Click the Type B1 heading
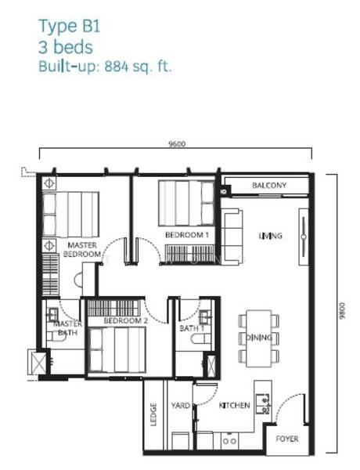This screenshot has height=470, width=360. tap(70, 27)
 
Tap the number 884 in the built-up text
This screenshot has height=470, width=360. tap(116, 67)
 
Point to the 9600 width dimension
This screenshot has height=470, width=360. tap(177, 144)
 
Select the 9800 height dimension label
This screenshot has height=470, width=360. tap(342, 311)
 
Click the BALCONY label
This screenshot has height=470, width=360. tap(269, 185)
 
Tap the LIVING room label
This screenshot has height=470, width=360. tap(271, 236)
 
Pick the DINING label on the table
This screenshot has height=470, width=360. tap(259, 338)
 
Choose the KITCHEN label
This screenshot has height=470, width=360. tap(235, 406)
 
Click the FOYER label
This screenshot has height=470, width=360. tap(287, 439)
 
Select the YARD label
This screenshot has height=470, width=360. tap(181, 406)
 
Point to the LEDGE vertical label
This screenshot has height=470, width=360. tap(153, 415)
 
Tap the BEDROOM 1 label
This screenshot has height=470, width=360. tap(187, 235)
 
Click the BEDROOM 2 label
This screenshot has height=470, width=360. tap(126, 320)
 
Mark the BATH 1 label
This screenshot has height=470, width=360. tap(192, 328)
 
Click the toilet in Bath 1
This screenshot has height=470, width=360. tap(201, 339)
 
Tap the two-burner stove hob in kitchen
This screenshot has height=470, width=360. tap(230, 441)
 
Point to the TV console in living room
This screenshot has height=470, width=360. tap(304, 237)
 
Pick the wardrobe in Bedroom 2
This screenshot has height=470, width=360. tap(113, 308)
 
